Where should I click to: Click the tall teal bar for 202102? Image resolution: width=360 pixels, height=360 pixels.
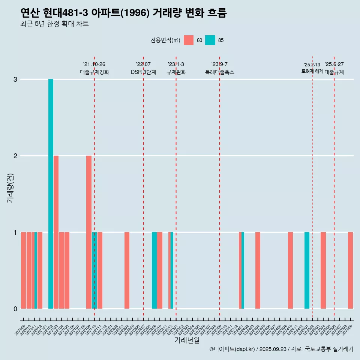click(51, 193)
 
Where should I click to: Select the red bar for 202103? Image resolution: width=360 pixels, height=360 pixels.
click(56, 232)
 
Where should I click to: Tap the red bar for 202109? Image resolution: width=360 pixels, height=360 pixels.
click(89, 232)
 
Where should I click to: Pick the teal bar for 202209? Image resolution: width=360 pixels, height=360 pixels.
click(154, 270)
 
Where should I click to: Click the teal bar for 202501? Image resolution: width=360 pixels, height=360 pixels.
click(307, 270)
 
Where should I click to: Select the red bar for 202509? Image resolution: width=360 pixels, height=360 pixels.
click(350, 270)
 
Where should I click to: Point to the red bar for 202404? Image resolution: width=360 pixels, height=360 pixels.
click(258, 270)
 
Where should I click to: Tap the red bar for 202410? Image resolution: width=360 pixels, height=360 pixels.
click(290, 270)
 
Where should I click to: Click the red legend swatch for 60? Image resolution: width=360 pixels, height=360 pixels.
click(189, 40)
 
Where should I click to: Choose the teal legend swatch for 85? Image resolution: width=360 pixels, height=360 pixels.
click(210, 40)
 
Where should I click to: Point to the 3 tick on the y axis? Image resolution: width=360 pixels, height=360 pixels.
click(15, 79)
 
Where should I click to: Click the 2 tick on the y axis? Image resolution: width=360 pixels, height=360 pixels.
click(15, 156)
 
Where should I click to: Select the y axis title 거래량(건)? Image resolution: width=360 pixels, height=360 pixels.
click(10, 187)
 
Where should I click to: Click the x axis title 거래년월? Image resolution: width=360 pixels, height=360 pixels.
click(187, 340)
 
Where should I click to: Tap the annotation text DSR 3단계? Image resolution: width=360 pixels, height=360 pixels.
click(143, 72)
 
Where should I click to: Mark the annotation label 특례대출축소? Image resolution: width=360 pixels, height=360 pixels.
click(220, 72)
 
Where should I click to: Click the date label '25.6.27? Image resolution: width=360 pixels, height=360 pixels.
click(334, 64)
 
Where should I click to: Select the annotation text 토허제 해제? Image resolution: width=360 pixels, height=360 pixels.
click(312, 71)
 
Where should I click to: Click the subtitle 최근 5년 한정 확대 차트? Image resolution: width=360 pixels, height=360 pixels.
click(55, 24)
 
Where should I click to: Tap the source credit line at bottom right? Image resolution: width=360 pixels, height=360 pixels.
click(281, 349)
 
